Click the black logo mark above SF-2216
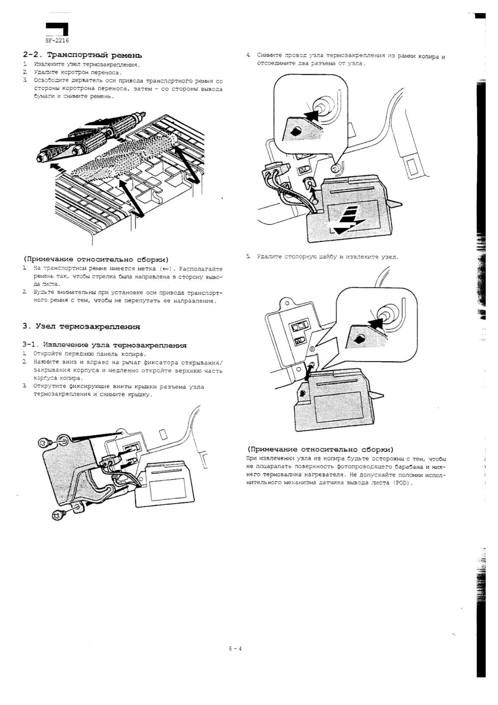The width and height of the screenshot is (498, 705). (x=57, y=30)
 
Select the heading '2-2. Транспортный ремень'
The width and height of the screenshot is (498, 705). (x=82, y=56)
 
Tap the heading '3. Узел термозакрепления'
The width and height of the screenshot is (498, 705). (x=81, y=327)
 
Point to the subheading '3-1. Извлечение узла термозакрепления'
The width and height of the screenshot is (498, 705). (x=105, y=345)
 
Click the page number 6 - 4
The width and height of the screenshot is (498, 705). (x=235, y=648)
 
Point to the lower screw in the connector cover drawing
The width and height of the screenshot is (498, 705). (x=58, y=513)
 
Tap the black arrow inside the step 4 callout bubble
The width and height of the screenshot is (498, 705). (x=311, y=116)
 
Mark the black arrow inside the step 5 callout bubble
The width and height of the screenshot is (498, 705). (x=375, y=323)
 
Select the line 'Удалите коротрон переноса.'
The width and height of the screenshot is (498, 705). (x=77, y=73)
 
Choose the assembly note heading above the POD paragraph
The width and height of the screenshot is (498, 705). (x=320, y=449)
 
